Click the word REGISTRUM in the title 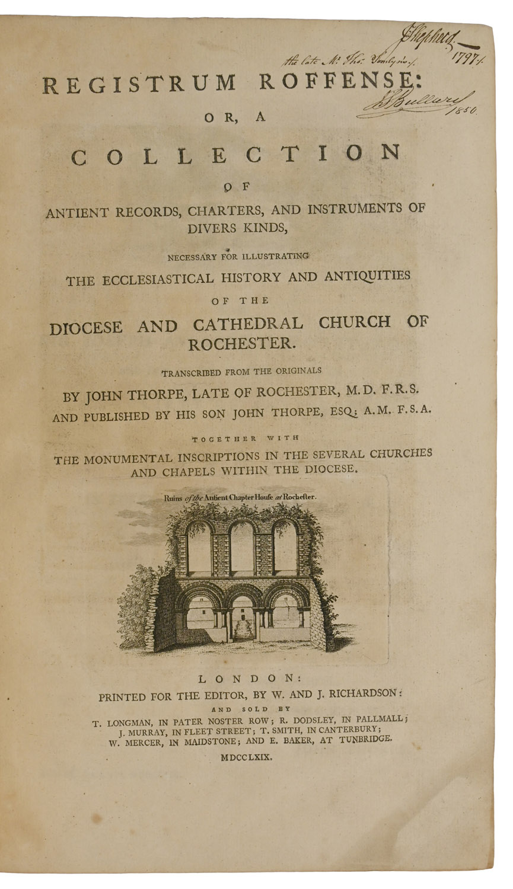click(x=140, y=84)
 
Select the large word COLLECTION click(x=236, y=155)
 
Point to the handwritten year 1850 click(x=463, y=110)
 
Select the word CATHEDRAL click(x=247, y=324)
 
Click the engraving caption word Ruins click(x=173, y=498)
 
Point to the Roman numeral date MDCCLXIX click(x=246, y=757)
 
